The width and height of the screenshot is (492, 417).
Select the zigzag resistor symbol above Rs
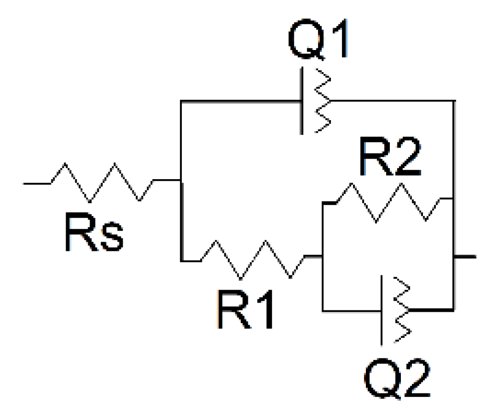(102, 182)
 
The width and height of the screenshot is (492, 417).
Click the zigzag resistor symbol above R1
(252, 259)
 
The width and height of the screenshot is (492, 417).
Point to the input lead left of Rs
(36, 183)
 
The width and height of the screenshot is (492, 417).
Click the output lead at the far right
(465, 257)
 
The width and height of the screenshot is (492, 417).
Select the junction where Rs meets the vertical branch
(180, 181)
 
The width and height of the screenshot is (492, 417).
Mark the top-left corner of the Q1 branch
(180, 101)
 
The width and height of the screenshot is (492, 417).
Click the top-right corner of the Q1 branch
(454, 101)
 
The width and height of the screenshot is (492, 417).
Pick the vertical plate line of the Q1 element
(302, 101)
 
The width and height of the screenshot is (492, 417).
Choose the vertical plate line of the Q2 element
(382, 310)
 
